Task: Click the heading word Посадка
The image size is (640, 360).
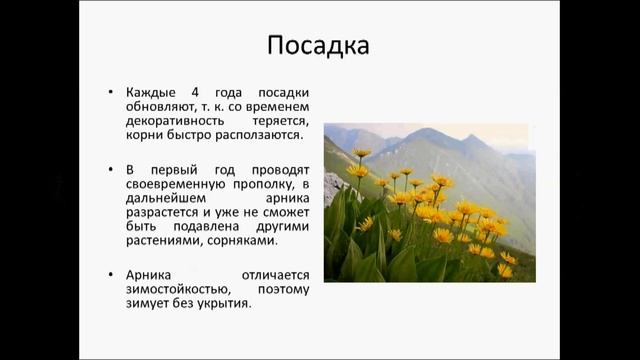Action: (319, 46)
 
